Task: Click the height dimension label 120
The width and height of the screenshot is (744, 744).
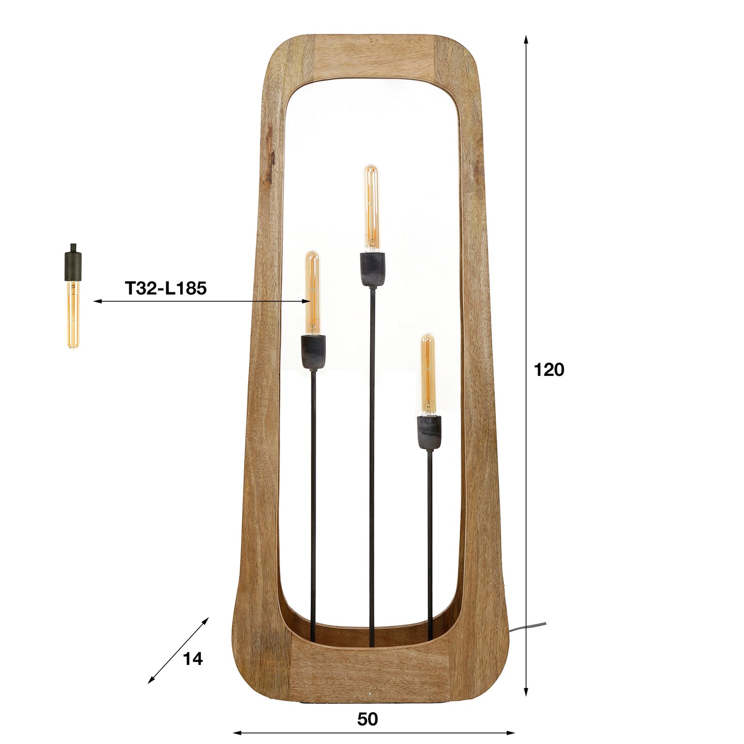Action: tap(549, 370)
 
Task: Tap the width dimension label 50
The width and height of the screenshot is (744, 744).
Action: tap(367, 719)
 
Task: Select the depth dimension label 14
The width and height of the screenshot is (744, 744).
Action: tap(193, 659)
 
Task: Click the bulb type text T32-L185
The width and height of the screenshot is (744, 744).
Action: tap(165, 288)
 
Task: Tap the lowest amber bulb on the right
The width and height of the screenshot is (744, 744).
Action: tap(427, 373)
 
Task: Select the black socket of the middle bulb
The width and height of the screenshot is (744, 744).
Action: tap(372, 269)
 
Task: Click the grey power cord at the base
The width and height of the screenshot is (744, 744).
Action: tap(528, 627)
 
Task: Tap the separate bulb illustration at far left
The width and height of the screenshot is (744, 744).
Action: tap(73, 314)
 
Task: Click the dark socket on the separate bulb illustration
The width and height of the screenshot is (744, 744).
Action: tap(73, 265)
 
